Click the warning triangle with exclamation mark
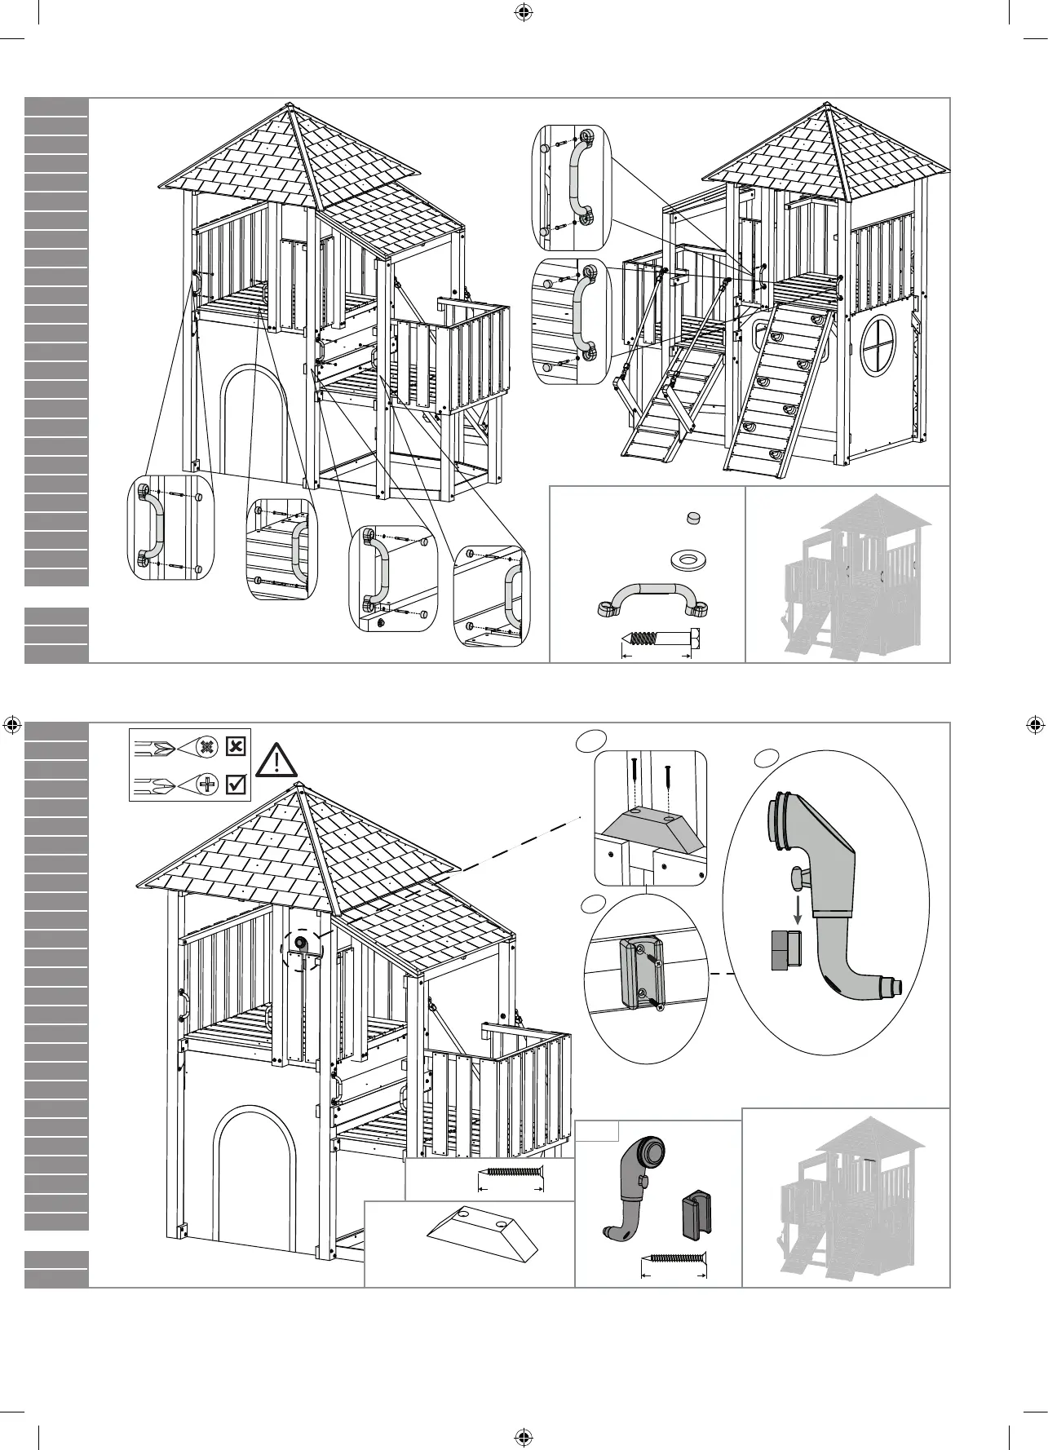click(x=277, y=761)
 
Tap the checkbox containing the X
click(x=236, y=745)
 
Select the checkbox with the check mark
click(x=236, y=784)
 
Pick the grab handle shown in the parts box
click(x=652, y=598)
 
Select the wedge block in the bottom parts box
click(x=483, y=1238)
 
